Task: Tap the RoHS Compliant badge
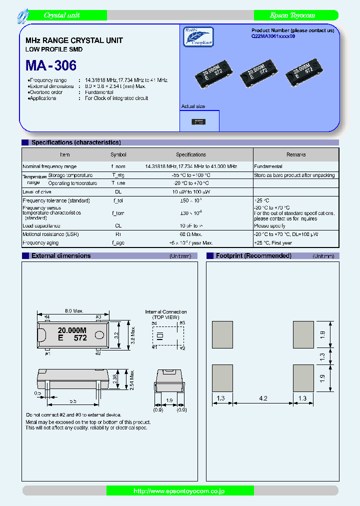[198, 37]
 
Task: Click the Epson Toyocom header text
[292, 15]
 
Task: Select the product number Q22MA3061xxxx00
[276, 37]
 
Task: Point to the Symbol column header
[118, 155]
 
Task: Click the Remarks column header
[296, 155]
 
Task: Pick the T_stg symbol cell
[118, 175]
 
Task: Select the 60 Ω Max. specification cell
[191, 234]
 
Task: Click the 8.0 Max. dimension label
[74, 311]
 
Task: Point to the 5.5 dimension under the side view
[72, 401]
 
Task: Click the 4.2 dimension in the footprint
[263, 398]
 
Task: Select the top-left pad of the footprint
[222, 334]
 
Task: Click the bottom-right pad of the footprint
[303, 378]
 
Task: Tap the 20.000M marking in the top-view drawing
[72, 330]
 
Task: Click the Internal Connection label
[166, 312]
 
